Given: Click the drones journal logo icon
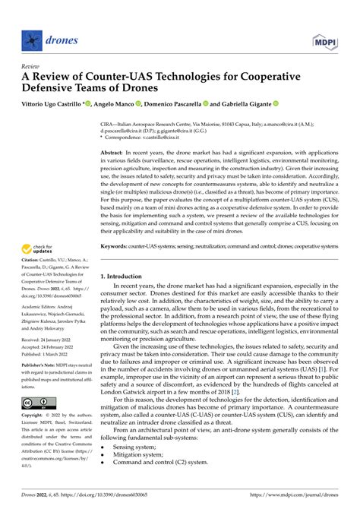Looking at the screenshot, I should tap(30, 37).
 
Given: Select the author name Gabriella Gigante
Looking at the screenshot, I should tap(245, 103).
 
